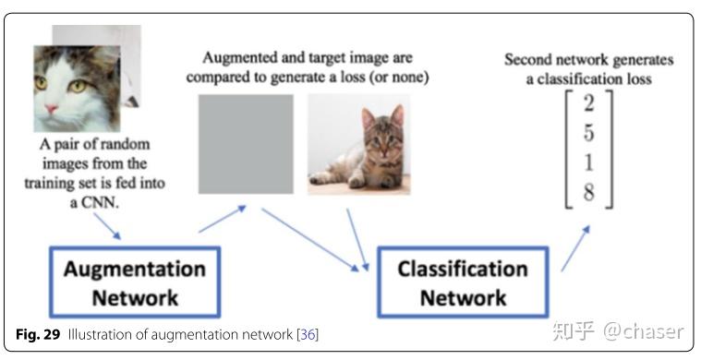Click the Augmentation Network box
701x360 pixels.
[x=133, y=282]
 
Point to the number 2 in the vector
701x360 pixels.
[x=587, y=102]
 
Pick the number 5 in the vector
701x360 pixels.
[x=587, y=133]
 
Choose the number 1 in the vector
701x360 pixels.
[x=587, y=162]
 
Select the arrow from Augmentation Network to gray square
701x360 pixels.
[x=222, y=220]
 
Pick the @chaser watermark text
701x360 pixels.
[x=645, y=330]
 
